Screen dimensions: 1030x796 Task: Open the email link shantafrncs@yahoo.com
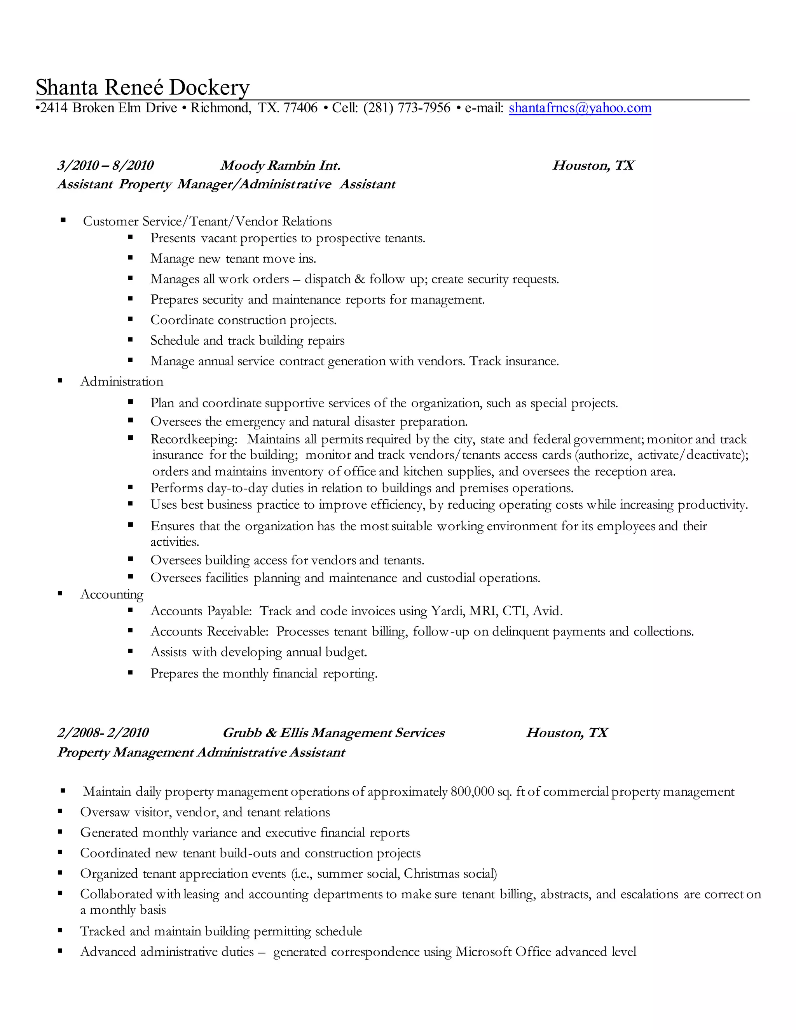(x=580, y=108)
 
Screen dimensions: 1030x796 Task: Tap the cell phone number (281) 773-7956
(x=407, y=108)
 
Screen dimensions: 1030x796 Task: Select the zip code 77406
(x=300, y=108)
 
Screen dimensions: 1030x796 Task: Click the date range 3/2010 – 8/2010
(x=106, y=166)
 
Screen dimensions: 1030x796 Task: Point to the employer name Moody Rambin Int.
(x=280, y=166)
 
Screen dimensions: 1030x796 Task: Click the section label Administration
(x=122, y=382)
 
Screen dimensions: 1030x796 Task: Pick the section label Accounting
(x=112, y=594)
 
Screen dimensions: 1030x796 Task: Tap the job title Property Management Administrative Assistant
(x=201, y=752)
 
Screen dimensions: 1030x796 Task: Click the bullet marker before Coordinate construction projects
(x=131, y=320)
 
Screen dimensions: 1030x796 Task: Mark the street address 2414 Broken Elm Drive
(x=108, y=108)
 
